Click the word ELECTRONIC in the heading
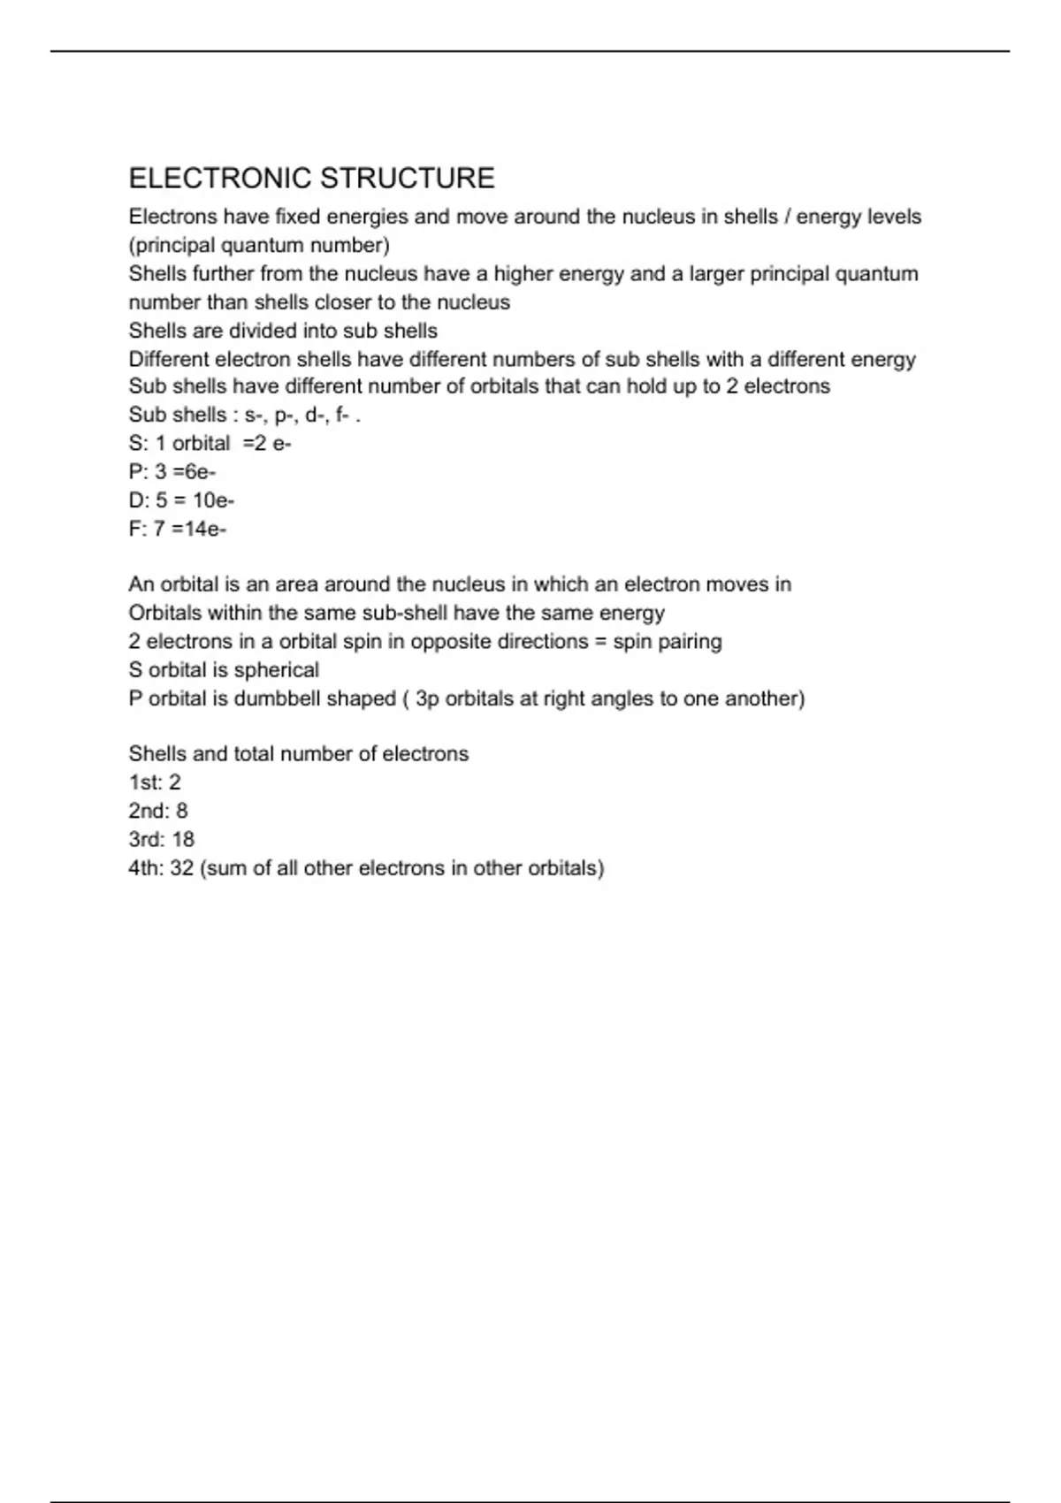click(221, 179)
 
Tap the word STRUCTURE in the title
click(408, 179)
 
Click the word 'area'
click(297, 584)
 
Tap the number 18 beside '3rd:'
click(183, 839)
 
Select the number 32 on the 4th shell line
click(182, 868)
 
